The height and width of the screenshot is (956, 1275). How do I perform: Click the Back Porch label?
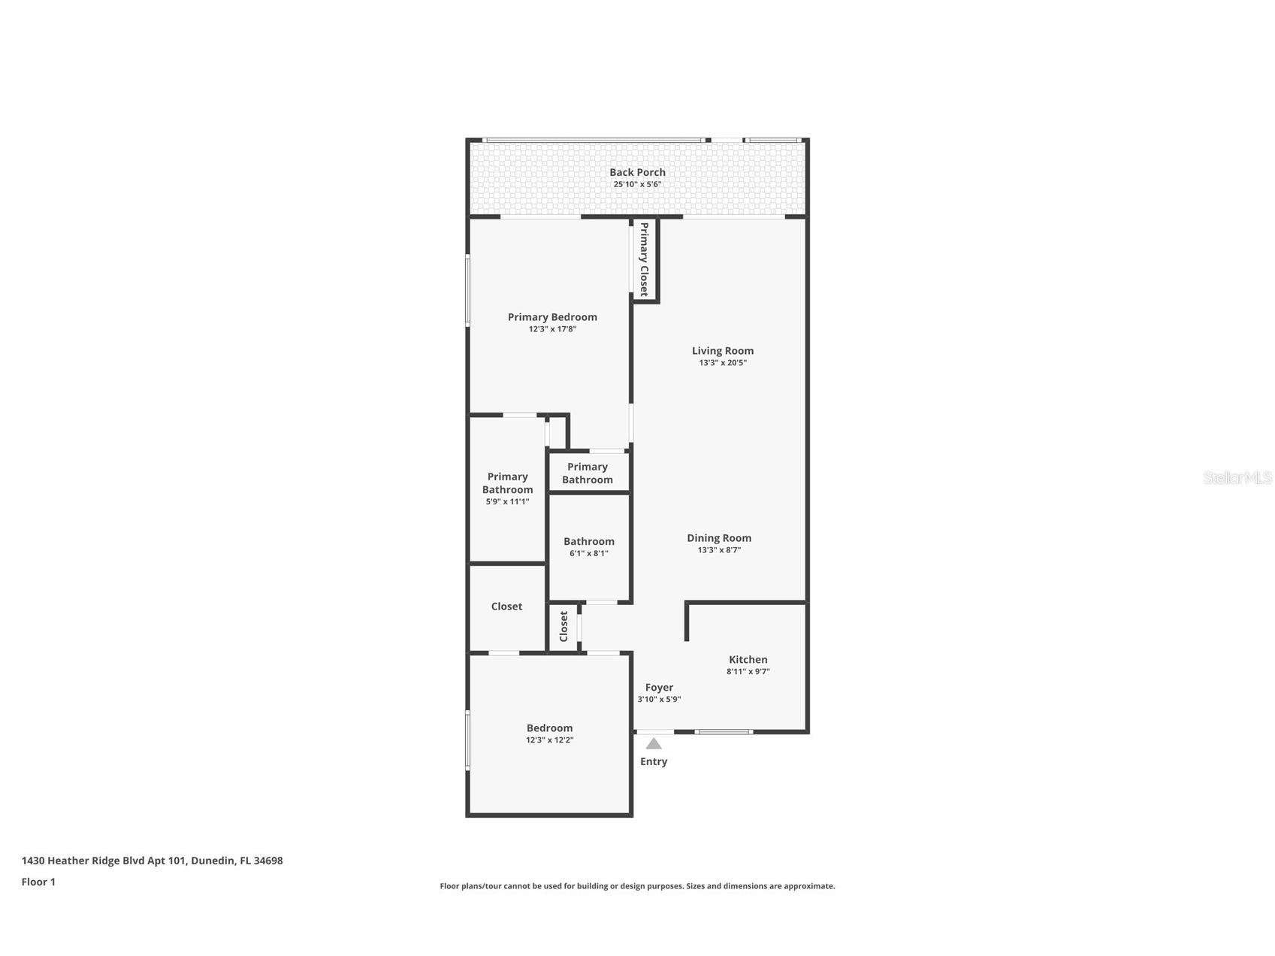pos(637,172)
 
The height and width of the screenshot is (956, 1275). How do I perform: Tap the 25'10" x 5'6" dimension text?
pos(637,184)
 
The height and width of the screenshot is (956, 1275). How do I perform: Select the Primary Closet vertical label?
pos(644,259)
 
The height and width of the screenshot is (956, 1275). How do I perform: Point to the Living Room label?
pos(723,350)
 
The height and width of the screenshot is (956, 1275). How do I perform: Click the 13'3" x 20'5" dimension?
pos(723,363)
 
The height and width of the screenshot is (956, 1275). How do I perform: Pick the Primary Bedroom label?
pos(552,317)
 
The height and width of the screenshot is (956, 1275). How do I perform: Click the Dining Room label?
pos(719,537)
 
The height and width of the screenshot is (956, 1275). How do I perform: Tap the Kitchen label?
pos(748,659)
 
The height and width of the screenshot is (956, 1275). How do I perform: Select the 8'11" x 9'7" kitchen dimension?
pos(748,672)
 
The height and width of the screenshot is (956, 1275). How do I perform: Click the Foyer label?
pos(659,687)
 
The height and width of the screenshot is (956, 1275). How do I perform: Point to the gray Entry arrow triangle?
pos(654,744)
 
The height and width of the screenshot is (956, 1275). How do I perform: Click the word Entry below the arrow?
pos(654,761)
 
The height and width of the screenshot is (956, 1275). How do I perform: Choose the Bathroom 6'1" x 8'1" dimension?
pos(589,553)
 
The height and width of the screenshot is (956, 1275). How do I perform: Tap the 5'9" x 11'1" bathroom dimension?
pos(507,501)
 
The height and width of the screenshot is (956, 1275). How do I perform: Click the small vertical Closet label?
pos(563,626)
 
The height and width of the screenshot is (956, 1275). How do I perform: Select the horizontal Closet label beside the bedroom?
pos(506,606)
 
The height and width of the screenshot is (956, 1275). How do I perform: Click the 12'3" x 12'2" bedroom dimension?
pos(549,740)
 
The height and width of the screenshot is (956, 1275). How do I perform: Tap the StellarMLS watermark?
pos(1237,477)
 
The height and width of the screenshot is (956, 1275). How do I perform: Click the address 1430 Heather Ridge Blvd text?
pos(152,861)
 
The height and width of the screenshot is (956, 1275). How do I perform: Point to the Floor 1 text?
pos(38,882)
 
